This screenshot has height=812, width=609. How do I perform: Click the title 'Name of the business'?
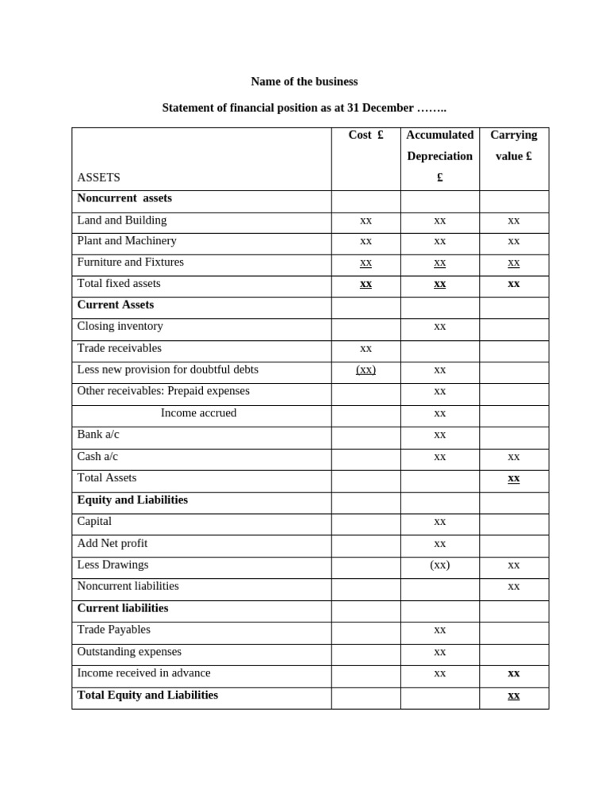tap(304, 82)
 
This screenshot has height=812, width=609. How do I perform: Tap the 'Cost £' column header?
tap(366, 135)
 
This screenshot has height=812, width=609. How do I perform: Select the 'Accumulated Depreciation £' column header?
tap(439, 156)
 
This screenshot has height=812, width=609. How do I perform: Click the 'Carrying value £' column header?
tap(513, 145)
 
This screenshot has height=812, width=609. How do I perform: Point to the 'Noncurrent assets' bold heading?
tap(124, 198)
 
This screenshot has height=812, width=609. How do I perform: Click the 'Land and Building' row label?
tap(121, 220)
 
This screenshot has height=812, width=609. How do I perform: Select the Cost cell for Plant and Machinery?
tap(366, 241)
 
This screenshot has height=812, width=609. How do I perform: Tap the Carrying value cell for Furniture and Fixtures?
tap(514, 262)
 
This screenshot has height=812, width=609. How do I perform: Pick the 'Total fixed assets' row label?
tap(118, 284)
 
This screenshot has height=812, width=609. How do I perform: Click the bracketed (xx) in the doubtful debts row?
tap(366, 370)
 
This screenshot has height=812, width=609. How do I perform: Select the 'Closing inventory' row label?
tap(120, 326)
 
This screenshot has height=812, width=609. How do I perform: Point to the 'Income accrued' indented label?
tap(198, 413)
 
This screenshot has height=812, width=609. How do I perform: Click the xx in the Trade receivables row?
tap(366, 348)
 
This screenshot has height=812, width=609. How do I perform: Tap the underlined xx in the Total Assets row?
tap(514, 478)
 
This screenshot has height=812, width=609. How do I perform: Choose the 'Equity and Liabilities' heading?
tap(132, 500)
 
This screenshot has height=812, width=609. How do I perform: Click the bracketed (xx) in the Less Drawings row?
tap(439, 565)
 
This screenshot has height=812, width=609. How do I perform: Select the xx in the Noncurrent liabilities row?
tap(514, 587)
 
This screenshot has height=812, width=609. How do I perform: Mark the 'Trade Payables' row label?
tap(113, 630)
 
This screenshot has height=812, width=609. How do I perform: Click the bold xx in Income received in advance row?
tap(514, 673)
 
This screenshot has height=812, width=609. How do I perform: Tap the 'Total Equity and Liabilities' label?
tap(147, 695)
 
